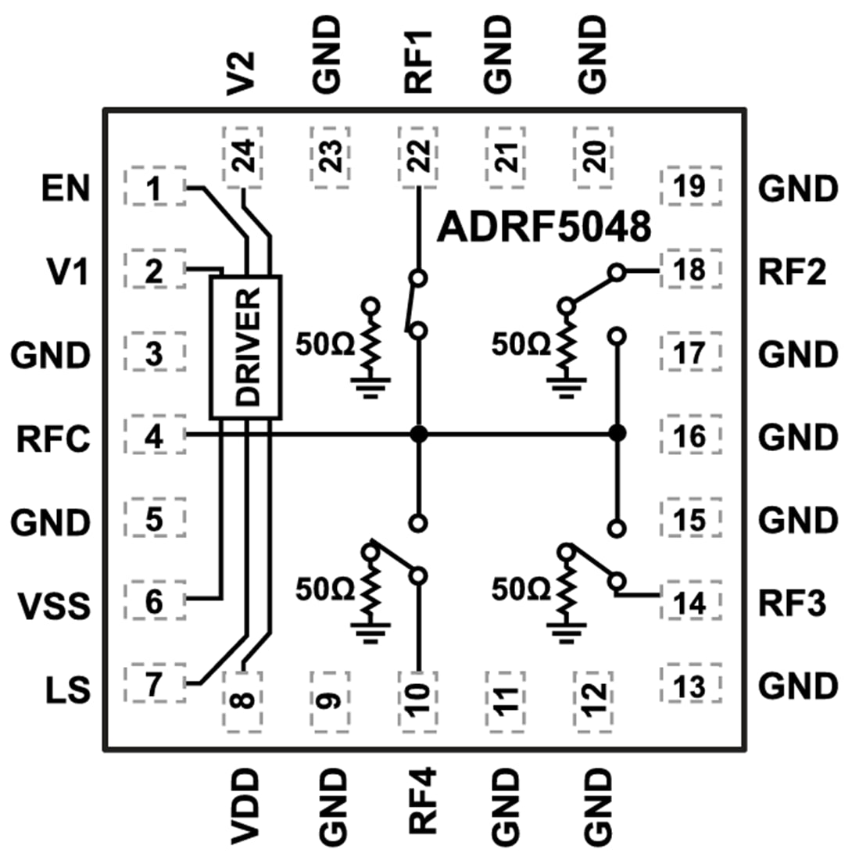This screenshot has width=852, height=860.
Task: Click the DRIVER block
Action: pos(245,347)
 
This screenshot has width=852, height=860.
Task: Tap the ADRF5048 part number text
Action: pos(544,228)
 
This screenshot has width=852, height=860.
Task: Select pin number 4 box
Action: pos(155,435)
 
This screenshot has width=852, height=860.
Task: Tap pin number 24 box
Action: pos(244,159)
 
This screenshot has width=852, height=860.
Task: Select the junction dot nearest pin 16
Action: pos(618,433)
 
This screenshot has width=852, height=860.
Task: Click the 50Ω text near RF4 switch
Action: pos(322,587)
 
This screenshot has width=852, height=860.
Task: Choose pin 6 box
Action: pos(155,602)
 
